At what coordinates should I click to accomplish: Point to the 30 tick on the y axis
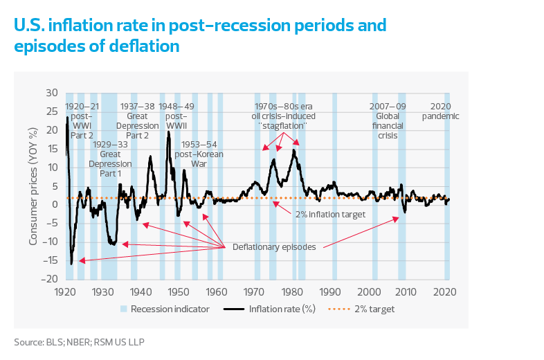[x=52, y=93]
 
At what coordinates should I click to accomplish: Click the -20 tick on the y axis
[x=51, y=279]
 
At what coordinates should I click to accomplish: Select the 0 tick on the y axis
[x=55, y=204]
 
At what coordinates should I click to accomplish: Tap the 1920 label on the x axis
[x=65, y=291]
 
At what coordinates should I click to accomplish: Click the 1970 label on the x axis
[x=255, y=291]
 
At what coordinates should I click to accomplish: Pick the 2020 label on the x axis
[x=444, y=291]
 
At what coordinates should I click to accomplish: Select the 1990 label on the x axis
[x=330, y=291]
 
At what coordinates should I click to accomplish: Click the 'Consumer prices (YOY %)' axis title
[x=33, y=186]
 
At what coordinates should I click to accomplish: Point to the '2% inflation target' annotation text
[x=330, y=215]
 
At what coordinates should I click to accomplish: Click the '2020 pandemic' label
[x=440, y=111]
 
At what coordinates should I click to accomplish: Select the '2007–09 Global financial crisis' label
[x=388, y=121]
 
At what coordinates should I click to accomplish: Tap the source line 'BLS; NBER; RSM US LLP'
[x=80, y=342]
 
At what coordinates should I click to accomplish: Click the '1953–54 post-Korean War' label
[x=201, y=154]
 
